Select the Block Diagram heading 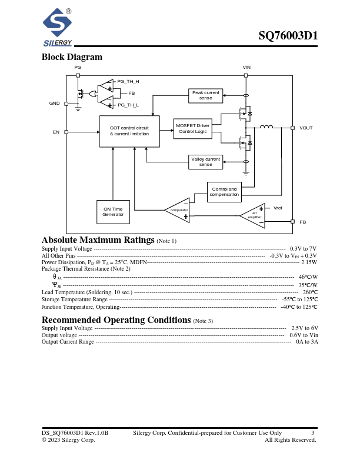coord(72,57)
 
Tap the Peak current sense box coord(205,95)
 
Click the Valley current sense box coord(205,161)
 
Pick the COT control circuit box coord(129,131)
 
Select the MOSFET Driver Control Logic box coord(192,128)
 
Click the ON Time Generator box coord(113,212)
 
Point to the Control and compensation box coord(224,191)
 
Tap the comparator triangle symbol coord(178,210)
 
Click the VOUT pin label coord(306,128)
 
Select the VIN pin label coord(246,68)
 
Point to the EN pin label coord(56,132)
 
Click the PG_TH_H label coord(128,81)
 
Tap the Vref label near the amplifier coord(278,208)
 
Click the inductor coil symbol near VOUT coord(266,127)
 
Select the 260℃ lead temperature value coord(309,292)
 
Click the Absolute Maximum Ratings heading coord(98,240)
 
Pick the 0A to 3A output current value coord(306,342)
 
